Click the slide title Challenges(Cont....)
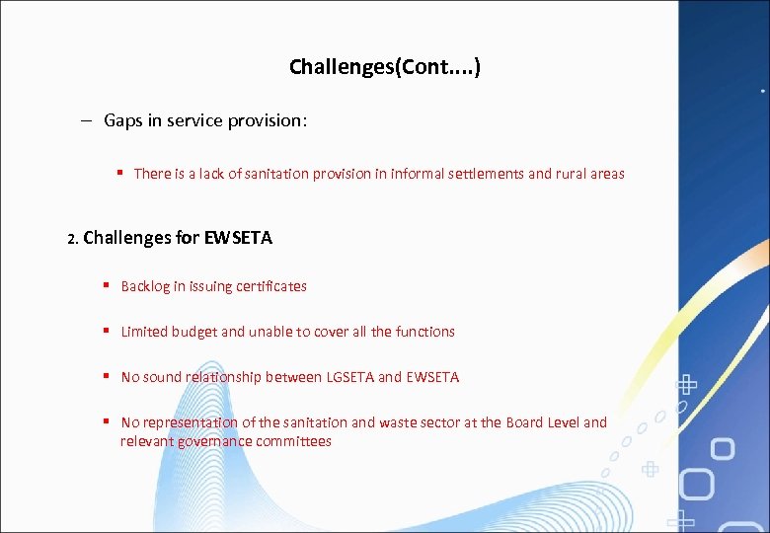coord(385,67)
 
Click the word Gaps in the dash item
coord(123,120)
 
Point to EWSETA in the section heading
coord(238,238)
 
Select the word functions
coord(425,332)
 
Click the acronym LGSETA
coord(348,377)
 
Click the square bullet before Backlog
coord(105,285)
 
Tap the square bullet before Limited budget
coord(105,331)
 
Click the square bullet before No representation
coord(105,421)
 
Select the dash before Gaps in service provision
coord(87,120)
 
